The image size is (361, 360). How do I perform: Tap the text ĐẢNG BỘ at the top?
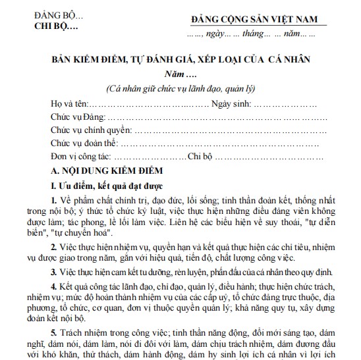pyautogui.click(x=53, y=15)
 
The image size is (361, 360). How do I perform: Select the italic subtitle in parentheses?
pyautogui.click(x=180, y=88)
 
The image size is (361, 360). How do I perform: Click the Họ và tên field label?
pyautogui.click(x=69, y=104)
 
